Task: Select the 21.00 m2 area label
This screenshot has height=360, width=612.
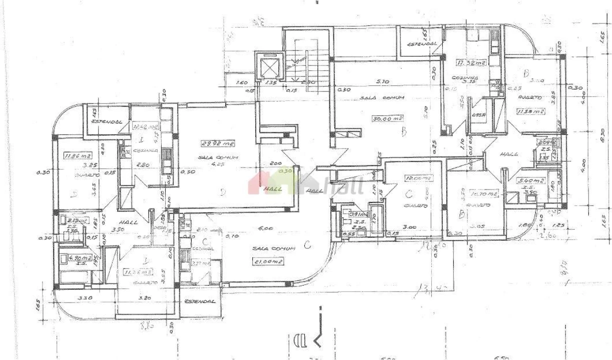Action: click(268, 261)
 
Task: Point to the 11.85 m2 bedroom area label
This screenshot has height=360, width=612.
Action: click(75, 155)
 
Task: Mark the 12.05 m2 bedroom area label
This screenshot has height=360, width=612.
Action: click(418, 177)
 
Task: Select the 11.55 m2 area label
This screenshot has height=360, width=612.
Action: click(531, 111)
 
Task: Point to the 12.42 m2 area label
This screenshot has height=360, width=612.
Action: click(145, 127)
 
